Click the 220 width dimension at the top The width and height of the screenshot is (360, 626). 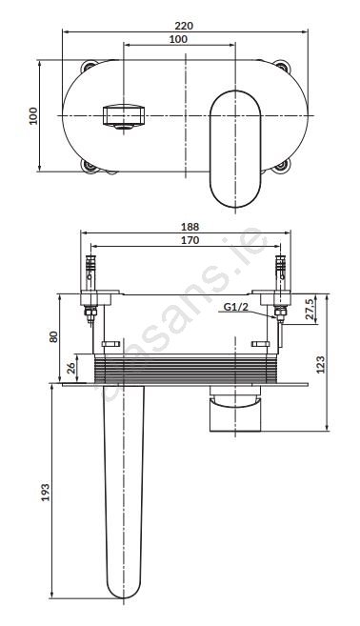tap(184, 26)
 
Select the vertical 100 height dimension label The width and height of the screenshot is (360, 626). tap(33, 116)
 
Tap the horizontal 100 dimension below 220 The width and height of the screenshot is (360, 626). tap(178, 39)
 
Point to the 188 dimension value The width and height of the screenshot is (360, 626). tap(190, 227)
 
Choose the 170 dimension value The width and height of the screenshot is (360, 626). tap(190, 240)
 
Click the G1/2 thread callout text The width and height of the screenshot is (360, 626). tap(235, 307)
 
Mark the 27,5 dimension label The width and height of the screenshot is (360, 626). tap(310, 309)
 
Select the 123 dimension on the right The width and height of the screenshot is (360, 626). tap(321, 364)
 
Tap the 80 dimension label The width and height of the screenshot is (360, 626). tap(54, 336)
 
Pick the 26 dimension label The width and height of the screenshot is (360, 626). tap(71, 368)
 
